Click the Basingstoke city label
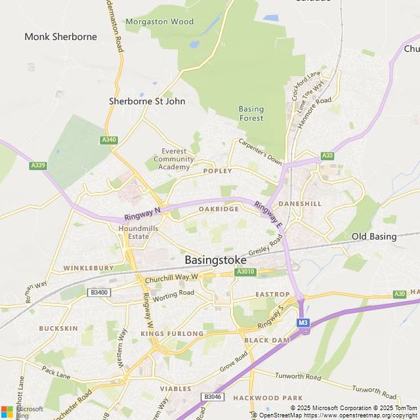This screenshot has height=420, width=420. tap(216, 259)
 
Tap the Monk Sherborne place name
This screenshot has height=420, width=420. tap(60, 37)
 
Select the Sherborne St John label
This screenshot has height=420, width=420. tap(147, 102)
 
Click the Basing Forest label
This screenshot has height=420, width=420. tap(251, 114)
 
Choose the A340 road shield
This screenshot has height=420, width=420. tap(109, 140)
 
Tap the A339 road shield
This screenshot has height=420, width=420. tap(38, 165)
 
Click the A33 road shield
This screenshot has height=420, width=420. tap(327, 156)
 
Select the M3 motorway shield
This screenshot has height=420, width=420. tap(303, 322)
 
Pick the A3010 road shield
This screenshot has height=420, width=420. tap(245, 272)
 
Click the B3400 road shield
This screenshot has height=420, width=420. tap(100, 292)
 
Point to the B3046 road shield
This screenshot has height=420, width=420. tap(212, 397)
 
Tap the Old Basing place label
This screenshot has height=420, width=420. tap(374, 236)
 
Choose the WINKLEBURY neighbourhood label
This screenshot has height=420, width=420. tap(88, 268)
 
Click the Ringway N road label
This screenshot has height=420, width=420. tap(142, 213)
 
